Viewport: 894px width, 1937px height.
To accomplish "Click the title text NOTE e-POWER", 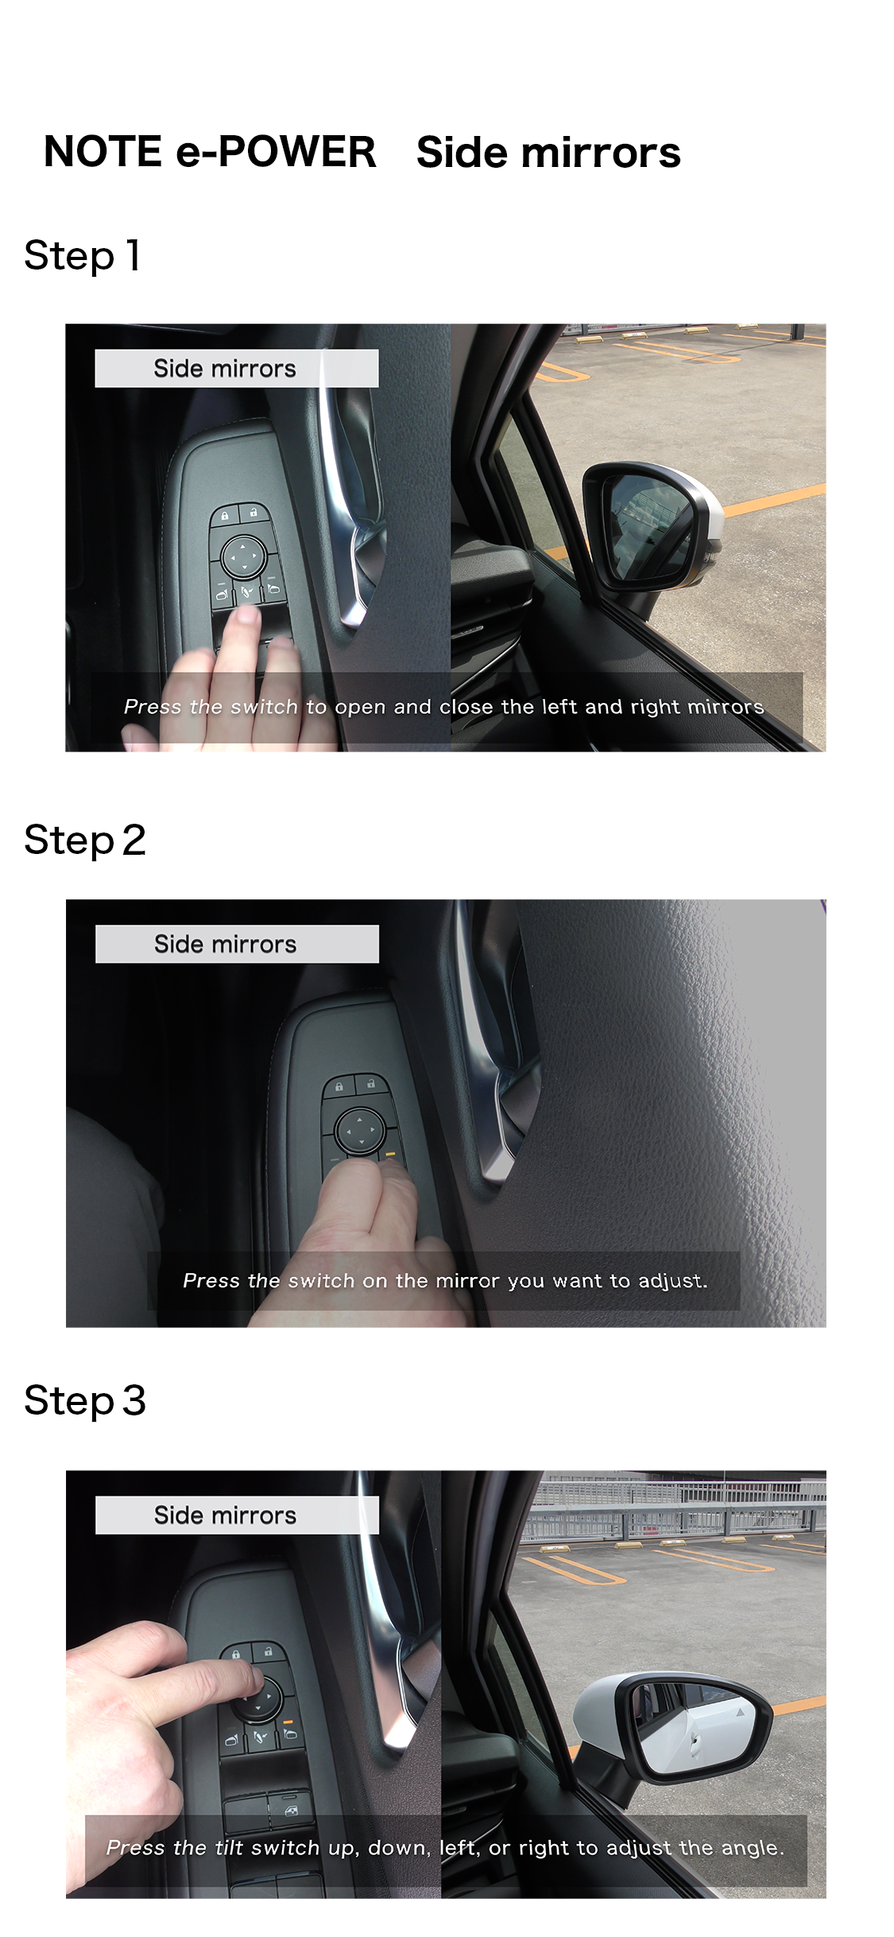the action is tap(210, 152).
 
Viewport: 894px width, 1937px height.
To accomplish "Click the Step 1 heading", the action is tap(83, 256).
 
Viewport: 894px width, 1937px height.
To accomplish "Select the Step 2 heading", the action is tap(85, 840).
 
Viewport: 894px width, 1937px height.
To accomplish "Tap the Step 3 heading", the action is tap(85, 1401).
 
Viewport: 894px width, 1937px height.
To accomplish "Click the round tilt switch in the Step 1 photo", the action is tap(243, 556).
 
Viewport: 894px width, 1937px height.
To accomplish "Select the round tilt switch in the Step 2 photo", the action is tap(361, 1130).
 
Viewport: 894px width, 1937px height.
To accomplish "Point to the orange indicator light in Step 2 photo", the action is tap(389, 1153).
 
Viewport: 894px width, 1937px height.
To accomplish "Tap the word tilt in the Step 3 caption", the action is tap(229, 1847).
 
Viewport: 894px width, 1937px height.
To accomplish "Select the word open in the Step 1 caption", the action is tap(360, 708).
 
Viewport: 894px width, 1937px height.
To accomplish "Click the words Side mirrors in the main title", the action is tap(548, 152).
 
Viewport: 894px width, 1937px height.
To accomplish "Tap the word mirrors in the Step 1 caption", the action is tap(725, 707).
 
